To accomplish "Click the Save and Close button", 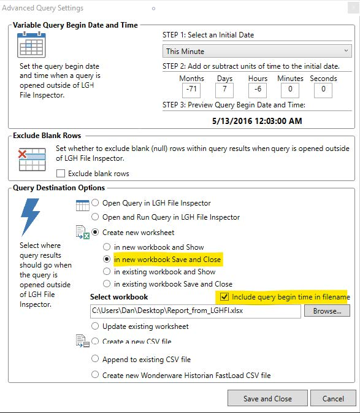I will click(267, 398).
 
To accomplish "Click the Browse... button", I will click(327, 311).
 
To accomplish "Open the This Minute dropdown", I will click(257, 51).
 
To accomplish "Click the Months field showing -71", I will click(191, 90).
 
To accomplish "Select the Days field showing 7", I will click(224, 90).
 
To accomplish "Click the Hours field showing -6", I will click(258, 90).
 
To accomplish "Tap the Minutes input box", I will click(290, 90).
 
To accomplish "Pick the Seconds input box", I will click(323, 90).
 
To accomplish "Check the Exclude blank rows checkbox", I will click(61, 174).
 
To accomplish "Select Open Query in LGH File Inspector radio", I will click(95, 203).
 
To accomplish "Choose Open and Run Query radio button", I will click(95, 217).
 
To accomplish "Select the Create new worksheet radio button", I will click(95, 233).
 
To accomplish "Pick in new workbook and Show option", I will click(107, 247).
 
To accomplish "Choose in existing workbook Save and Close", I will click(107, 284).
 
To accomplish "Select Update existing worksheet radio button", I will click(95, 326).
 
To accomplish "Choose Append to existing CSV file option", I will click(95, 359).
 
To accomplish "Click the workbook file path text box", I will click(195, 311).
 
